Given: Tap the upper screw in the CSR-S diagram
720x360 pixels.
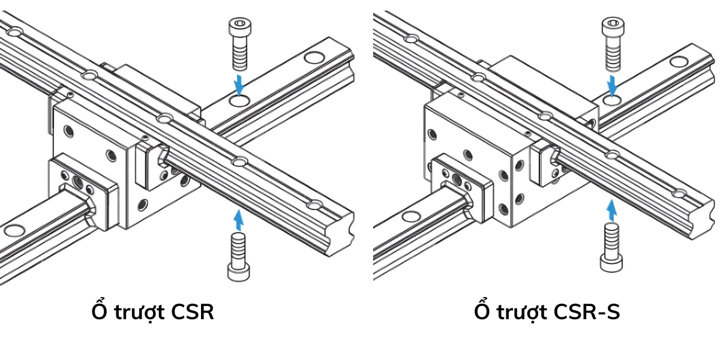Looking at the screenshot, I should pos(612,44).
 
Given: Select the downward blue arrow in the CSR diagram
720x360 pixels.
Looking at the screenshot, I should pos(239,84).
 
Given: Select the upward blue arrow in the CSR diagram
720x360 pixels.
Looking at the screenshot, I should pos(238,219).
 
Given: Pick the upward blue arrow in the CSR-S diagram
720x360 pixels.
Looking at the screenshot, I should pos(611,210).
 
